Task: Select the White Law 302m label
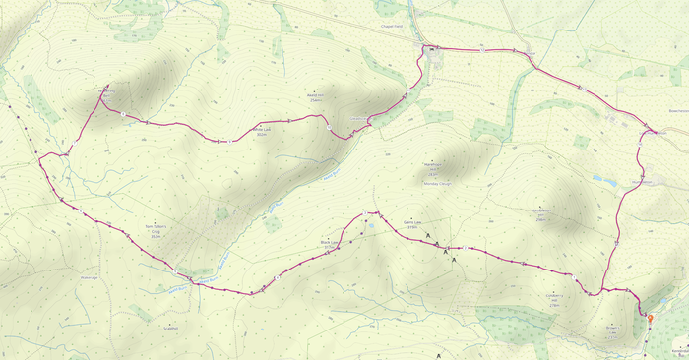(262, 131)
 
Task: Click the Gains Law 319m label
(412, 226)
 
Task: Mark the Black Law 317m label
(330, 243)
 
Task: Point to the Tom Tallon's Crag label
(157, 231)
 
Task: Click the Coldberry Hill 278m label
(554, 300)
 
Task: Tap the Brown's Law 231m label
(612, 332)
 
